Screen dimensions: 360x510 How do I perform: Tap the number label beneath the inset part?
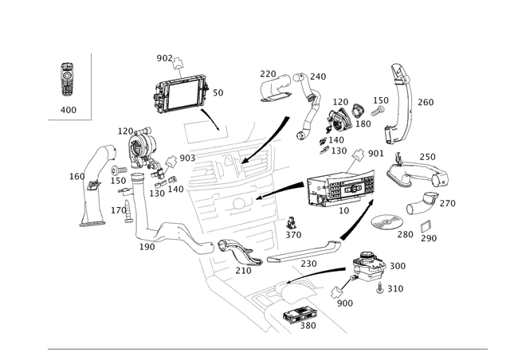click(x=68, y=108)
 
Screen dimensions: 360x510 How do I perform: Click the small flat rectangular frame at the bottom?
click(x=294, y=317)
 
